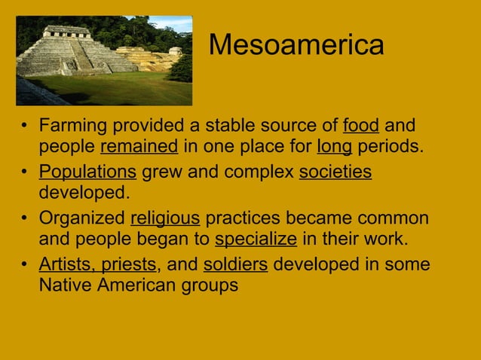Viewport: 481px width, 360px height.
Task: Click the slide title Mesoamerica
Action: coord(296,44)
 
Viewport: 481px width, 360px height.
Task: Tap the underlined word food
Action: coord(361,124)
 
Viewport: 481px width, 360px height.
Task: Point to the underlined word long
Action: coord(334,145)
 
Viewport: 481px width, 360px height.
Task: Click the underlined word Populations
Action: coord(87,172)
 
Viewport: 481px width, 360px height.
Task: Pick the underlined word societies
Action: coord(335,172)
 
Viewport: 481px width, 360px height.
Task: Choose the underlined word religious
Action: coord(165,219)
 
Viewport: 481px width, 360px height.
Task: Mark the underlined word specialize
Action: coord(256,240)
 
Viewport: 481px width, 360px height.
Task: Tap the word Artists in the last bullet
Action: coord(64,265)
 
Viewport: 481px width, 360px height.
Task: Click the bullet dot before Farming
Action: coord(25,125)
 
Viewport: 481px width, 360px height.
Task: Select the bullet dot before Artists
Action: coord(25,266)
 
